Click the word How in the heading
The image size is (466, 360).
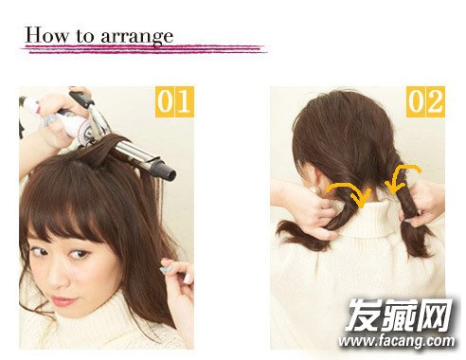46,35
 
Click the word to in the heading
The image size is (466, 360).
84,36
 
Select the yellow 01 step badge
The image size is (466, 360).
174,102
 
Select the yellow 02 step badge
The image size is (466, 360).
425,101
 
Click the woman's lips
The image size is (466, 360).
63,301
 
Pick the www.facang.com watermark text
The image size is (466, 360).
397,341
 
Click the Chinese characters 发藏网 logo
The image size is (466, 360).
399,315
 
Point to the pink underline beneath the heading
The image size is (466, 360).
144,49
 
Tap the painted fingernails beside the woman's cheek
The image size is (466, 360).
168,268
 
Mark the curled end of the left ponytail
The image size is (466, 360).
296,235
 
